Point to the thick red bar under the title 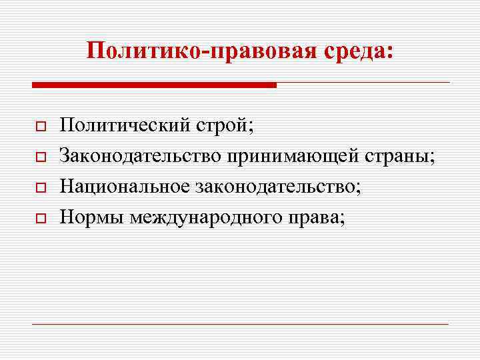[x=154, y=85]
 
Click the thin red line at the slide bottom [x=241, y=325]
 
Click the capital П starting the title [x=95, y=51]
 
